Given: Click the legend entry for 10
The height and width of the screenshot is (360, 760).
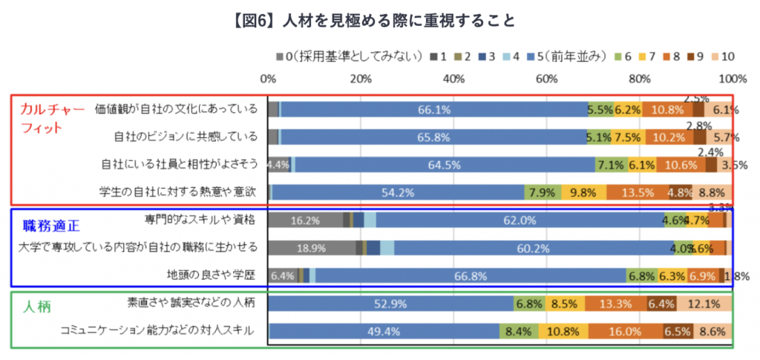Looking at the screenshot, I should [x=722, y=56].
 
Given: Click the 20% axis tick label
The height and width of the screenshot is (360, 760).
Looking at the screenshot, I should [x=361, y=79].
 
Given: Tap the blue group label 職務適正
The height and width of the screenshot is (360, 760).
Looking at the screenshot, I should [x=50, y=225].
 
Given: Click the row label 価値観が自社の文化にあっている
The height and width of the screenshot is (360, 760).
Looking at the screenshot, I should [x=176, y=109].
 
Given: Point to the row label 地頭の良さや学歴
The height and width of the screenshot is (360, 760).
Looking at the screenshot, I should [x=212, y=275].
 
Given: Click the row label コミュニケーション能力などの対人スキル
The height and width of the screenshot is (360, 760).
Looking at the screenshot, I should [x=159, y=330].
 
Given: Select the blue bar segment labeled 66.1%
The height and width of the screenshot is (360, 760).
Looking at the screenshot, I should [x=433, y=109].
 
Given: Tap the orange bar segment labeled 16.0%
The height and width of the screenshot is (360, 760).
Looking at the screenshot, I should [x=620, y=331].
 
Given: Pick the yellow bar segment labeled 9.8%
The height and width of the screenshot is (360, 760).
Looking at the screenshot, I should [x=583, y=192].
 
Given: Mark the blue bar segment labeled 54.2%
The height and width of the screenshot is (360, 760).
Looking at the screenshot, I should [x=398, y=192].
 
